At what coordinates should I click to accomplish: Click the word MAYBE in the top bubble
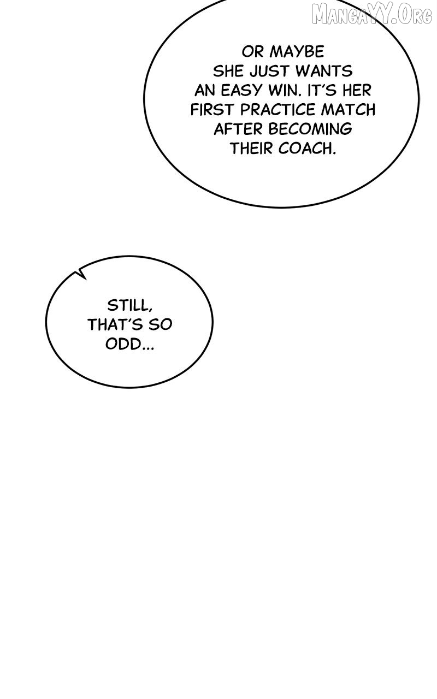click(297, 52)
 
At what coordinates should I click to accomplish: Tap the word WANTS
click(324, 71)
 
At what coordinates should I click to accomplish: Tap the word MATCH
click(349, 110)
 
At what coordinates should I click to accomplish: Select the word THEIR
click(251, 149)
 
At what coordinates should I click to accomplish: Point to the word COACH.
click(307, 149)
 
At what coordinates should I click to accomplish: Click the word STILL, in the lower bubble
click(130, 305)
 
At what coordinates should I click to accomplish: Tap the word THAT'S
click(115, 325)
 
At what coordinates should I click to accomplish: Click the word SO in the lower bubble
click(161, 325)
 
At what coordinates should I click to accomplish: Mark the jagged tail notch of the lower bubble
click(81, 274)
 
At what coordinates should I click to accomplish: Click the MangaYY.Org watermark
click(372, 14)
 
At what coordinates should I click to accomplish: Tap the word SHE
click(228, 71)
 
